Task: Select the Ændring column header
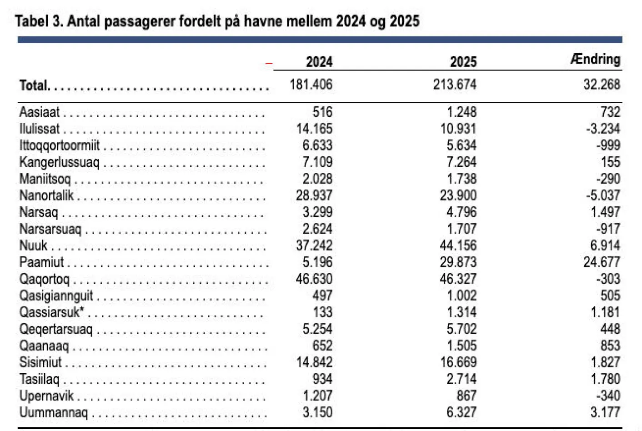point(595,59)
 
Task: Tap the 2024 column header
point(319,62)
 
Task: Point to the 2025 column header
point(463,62)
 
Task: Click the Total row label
point(34,85)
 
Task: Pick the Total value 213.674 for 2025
point(455,85)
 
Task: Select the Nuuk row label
point(33,246)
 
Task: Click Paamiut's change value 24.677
point(602,262)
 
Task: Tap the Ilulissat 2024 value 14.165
point(314,129)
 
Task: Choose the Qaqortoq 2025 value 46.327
point(458,279)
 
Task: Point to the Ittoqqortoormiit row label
point(59,145)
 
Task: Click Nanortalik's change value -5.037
point(603,195)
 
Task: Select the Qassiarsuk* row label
point(52,312)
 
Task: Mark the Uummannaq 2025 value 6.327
point(461,412)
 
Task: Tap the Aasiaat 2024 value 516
point(322,112)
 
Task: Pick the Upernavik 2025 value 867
point(466,396)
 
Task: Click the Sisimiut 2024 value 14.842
point(314,362)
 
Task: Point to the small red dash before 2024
point(269,64)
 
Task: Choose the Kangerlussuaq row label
point(59,162)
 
